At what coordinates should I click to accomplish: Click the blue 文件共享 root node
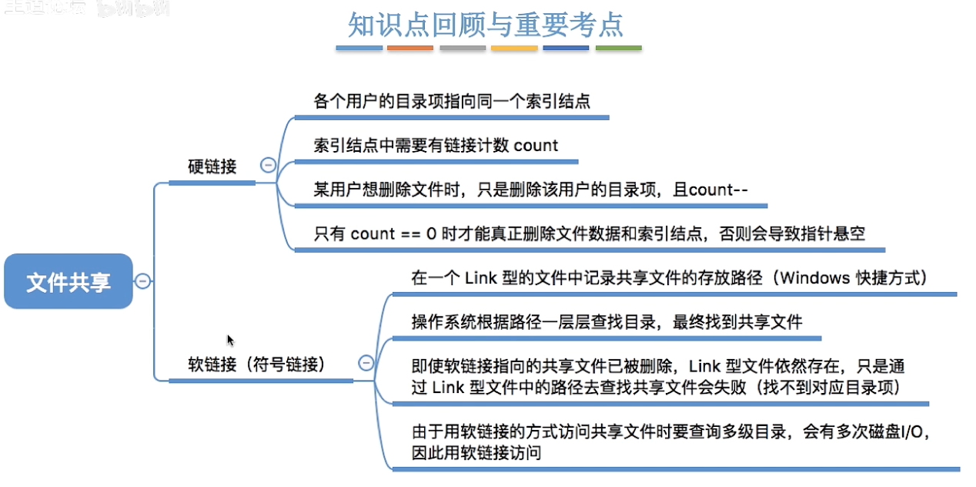69,282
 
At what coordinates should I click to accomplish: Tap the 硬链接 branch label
212,166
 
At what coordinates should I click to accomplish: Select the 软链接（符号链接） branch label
256,364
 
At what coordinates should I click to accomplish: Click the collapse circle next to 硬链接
268,165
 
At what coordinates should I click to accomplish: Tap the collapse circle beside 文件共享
142,281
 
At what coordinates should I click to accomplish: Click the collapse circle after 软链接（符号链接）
366,363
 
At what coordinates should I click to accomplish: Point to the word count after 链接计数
536,146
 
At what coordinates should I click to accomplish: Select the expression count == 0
393,233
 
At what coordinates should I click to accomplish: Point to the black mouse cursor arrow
229,340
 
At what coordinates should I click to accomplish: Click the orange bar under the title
410,48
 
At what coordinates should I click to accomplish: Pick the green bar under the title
618,48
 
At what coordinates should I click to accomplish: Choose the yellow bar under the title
514,48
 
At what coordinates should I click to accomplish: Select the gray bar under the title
463,48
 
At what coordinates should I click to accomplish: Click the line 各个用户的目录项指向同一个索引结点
452,101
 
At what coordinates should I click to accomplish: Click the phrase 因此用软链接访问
476,453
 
